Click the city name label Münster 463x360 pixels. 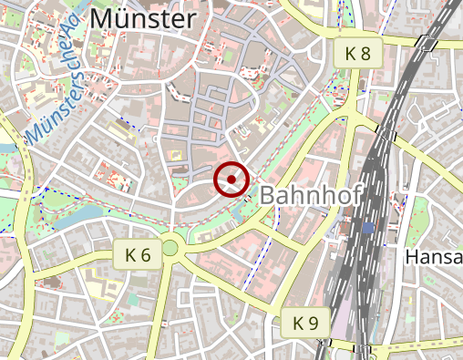click(x=144, y=18)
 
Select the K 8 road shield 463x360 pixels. click(x=357, y=53)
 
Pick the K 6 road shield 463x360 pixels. click(x=139, y=255)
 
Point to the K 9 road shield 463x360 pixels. click(x=305, y=322)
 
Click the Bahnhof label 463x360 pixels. click(x=311, y=195)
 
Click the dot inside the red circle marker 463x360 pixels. click(x=232, y=180)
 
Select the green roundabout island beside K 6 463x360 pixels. click(x=170, y=247)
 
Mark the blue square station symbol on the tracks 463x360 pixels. click(x=367, y=228)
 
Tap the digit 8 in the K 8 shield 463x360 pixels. click(x=365, y=53)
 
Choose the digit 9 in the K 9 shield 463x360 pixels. click(x=314, y=322)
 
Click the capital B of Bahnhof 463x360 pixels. click(x=269, y=195)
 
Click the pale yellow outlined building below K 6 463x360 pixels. click(x=97, y=273)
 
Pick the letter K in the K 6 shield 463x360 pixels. click(x=130, y=255)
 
